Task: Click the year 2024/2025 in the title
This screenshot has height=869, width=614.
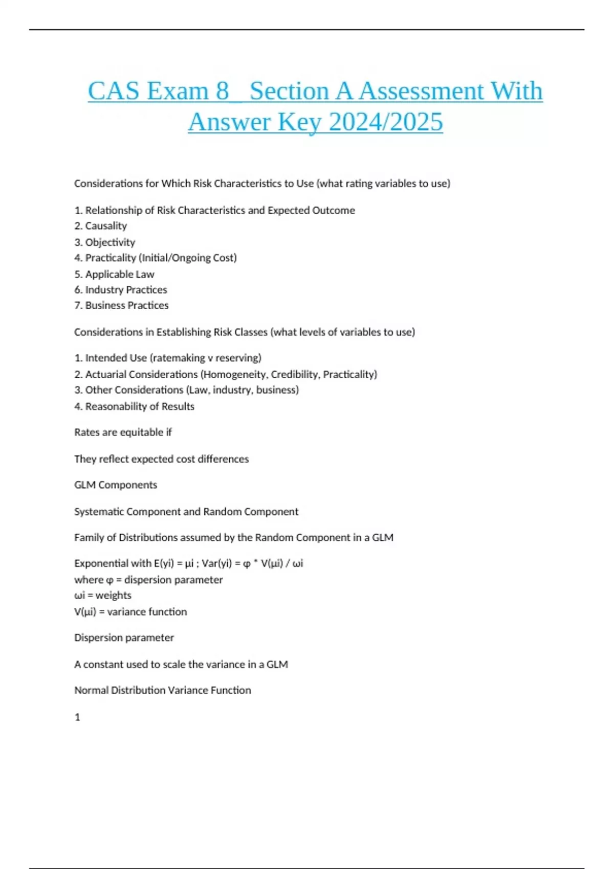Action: [x=386, y=122]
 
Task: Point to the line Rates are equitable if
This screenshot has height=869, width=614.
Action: [x=123, y=432]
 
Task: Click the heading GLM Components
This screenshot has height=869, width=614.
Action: [x=116, y=485]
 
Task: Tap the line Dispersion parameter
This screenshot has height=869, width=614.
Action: [x=124, y=637]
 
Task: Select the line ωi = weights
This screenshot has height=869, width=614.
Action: [x=103, y=596]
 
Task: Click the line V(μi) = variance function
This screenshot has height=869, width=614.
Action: [x=130, y=612]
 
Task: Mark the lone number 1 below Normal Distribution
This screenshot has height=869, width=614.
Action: [x=77, y=717]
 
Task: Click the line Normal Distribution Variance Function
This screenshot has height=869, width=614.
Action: [x=163, y=690]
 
